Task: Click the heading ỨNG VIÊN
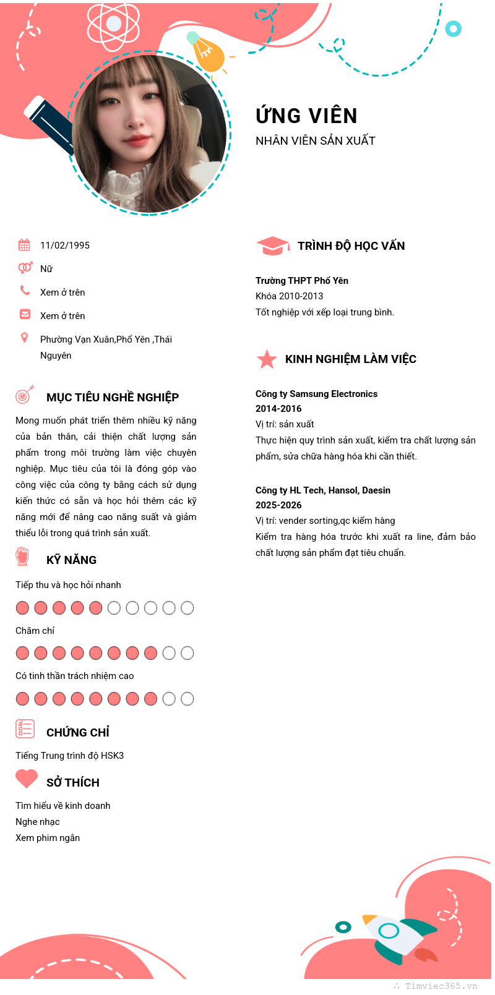[306, 116]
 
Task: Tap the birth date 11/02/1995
[65, 246]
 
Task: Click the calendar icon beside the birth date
[24, 245]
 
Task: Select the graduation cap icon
[272, 246]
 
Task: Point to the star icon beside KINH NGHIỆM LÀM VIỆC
[267, 359]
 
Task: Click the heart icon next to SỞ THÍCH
[27, 778]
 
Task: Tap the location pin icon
[24, 338]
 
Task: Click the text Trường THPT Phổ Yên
[302, 281]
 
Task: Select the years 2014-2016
[278, 409]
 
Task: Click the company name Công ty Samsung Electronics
[316, 394]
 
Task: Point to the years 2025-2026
[278, 505]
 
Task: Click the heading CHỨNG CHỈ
[78, 733]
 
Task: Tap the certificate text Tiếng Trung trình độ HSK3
[69, 756]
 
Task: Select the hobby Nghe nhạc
[38, 822]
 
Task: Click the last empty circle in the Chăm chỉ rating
[187, 653]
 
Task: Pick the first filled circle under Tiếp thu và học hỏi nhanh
[23, 608]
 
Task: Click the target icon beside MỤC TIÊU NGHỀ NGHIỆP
[24, 395]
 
